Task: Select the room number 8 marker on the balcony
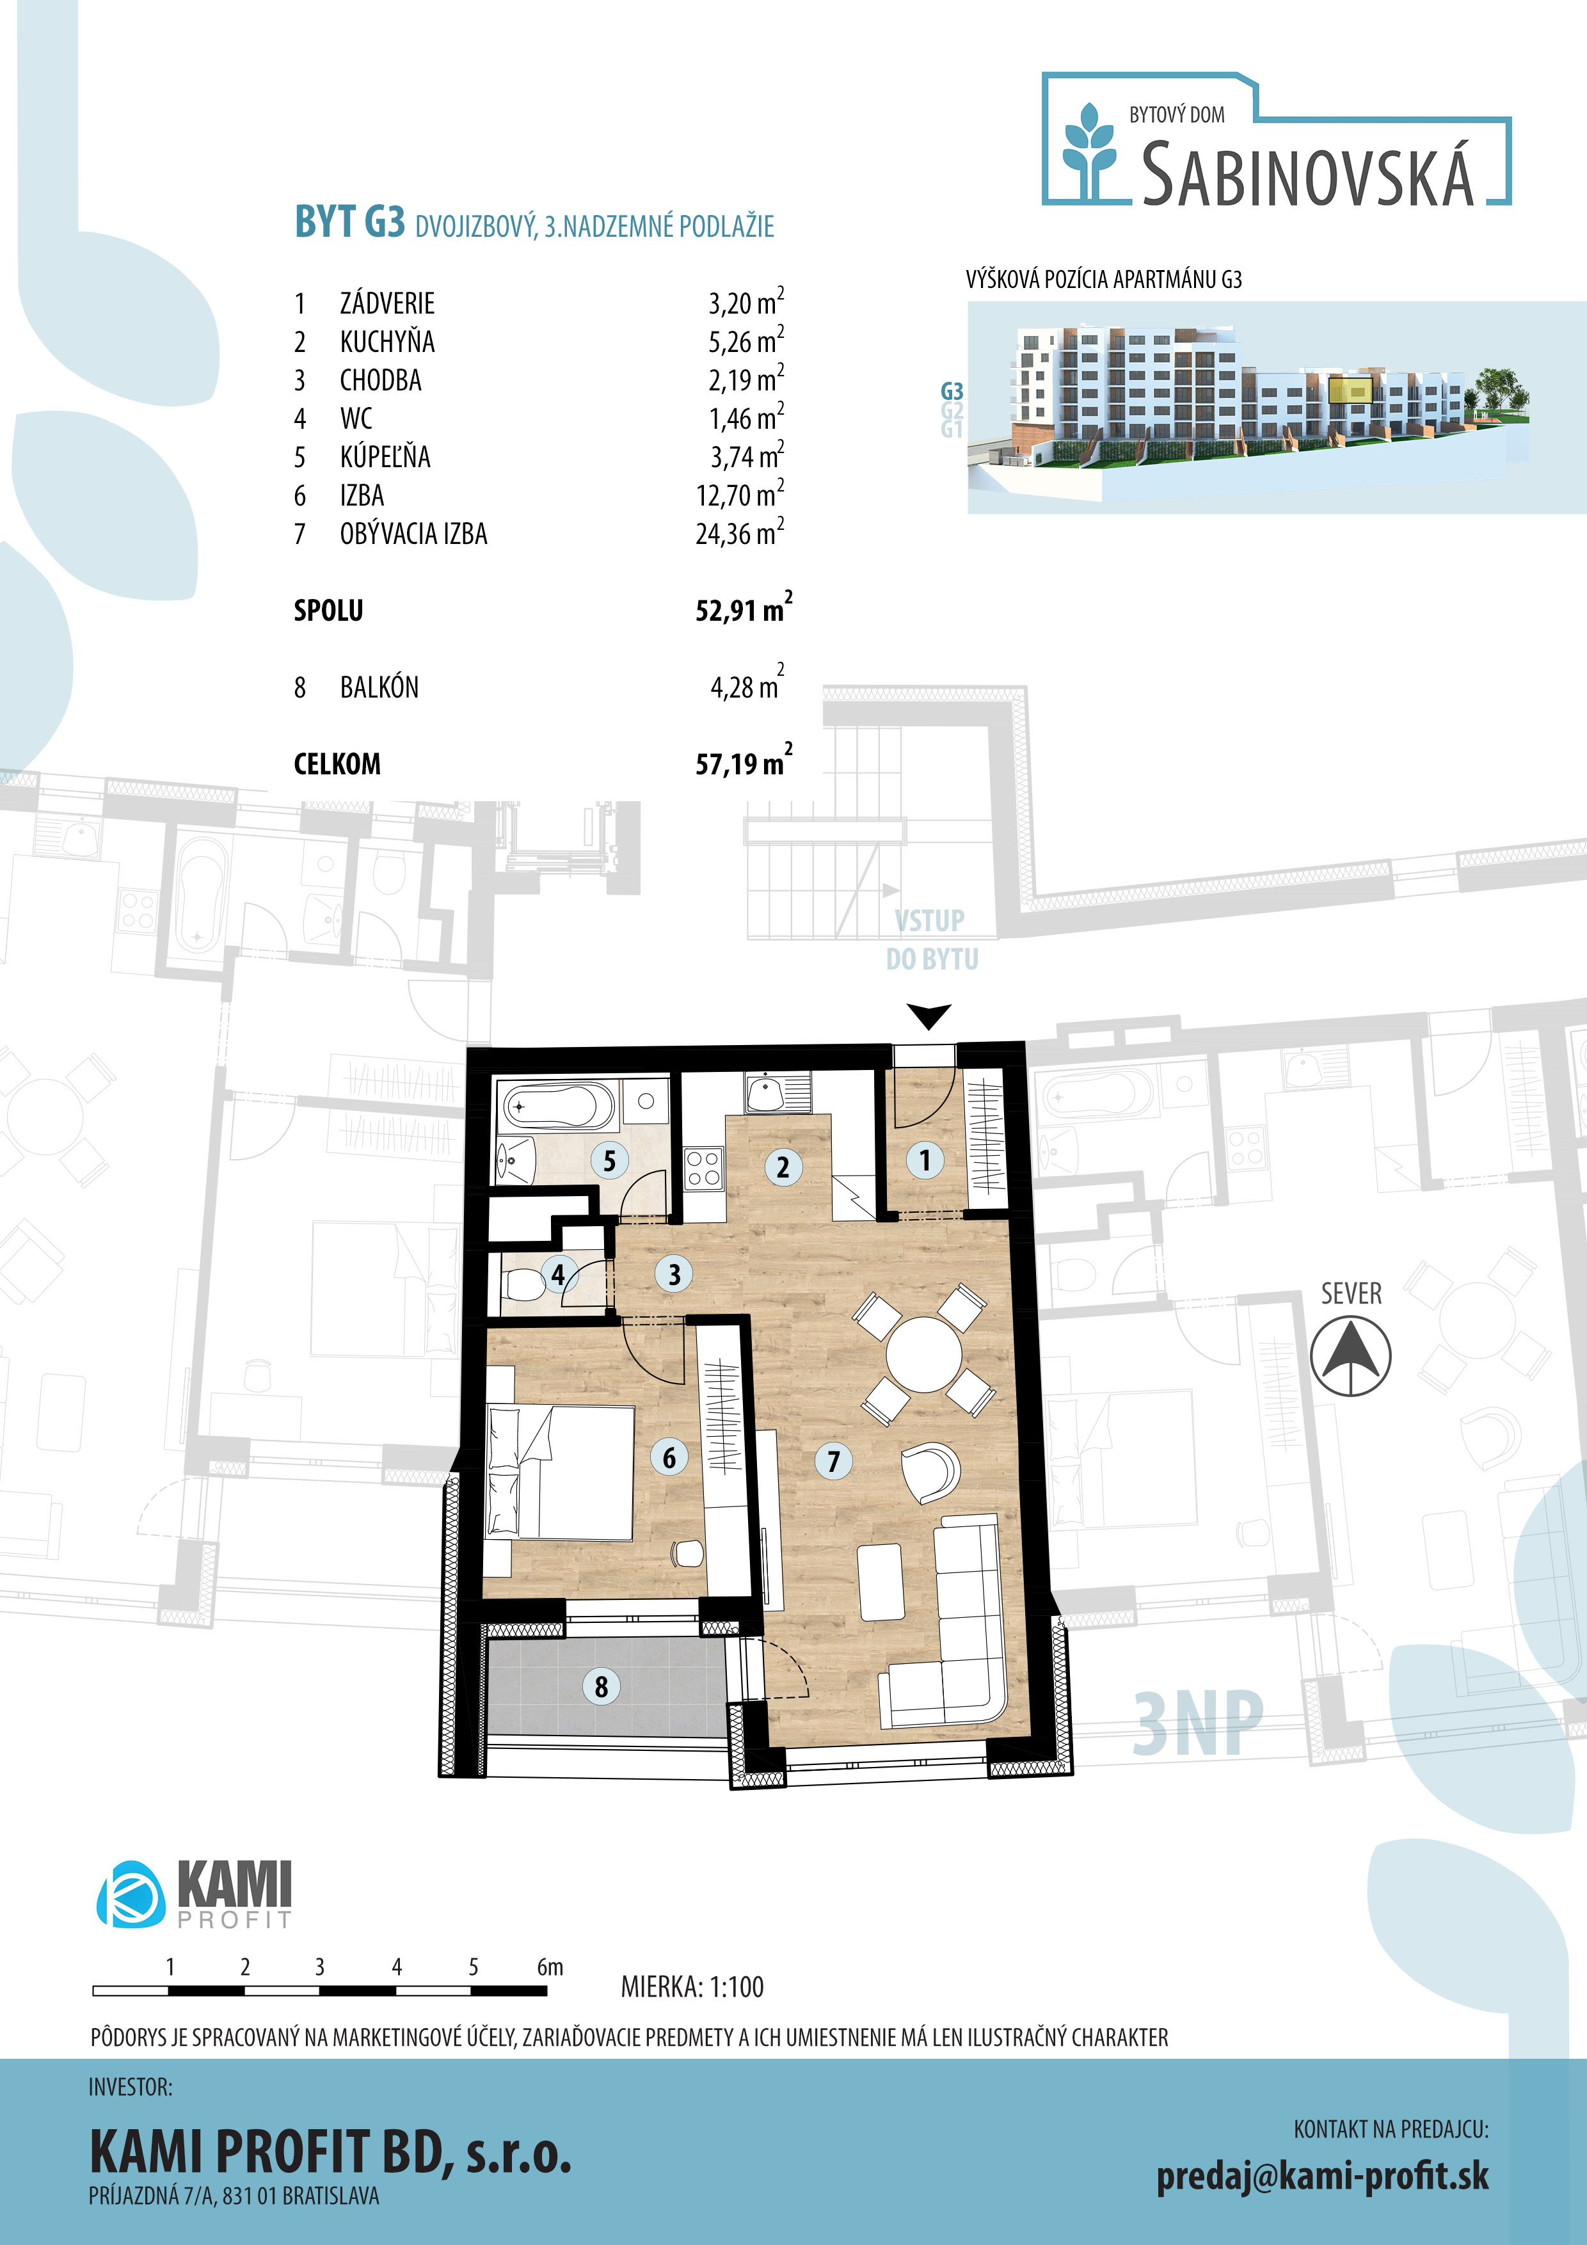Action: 602,1686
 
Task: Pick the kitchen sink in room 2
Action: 778,1092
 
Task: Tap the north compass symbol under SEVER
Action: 1350,1356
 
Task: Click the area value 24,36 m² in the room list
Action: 739,533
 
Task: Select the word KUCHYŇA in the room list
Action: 387,341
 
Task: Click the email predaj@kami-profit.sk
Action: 1322,2176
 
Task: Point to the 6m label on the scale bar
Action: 550,1967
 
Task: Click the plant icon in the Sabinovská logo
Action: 1089,150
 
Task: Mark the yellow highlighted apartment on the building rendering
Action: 1350,388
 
